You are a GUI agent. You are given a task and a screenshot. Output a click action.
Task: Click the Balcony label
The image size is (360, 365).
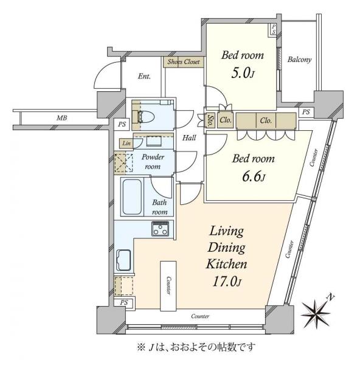click(x=299, y=60)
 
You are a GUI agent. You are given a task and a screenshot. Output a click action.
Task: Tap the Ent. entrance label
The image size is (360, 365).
click(x=144, y=77)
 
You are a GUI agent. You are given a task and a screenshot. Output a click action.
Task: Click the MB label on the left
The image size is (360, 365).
click(x=61, y=118)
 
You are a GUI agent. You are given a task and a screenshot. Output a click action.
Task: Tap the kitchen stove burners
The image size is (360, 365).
click(x=161, y=229)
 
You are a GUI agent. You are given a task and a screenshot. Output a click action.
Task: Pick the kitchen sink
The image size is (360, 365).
click(x=124, y=261)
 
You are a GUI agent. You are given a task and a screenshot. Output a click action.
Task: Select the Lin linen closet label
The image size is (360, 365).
click(x=126, y=143)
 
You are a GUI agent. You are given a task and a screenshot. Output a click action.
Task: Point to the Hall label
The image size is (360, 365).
click(x=189, y=137)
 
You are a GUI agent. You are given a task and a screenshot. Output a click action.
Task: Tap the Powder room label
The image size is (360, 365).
click(x=151, y=161)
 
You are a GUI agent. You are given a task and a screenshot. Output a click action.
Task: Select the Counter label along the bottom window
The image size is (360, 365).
click(x=200, y=317)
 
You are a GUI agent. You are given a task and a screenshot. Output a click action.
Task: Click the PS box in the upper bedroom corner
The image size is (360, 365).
click(x=274, y=29)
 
